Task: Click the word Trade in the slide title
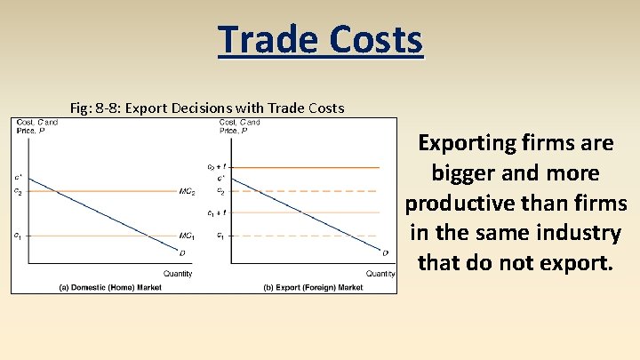point(265,39)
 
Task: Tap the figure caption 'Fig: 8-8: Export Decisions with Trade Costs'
point(206,108)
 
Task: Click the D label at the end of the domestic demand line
point(182,253)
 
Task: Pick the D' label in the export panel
point(386,253)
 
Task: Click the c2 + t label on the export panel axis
point(216,166)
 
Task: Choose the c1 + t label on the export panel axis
point(216,213)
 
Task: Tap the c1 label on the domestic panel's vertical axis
point(18,236)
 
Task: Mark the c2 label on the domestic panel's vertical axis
point(18,190)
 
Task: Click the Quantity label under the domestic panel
point(178,273)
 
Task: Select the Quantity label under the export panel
point(380,273)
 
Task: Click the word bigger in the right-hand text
point(465,172)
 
